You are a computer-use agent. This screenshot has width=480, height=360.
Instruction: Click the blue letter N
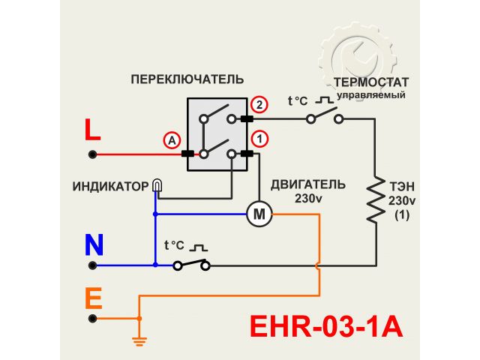click(94, 244)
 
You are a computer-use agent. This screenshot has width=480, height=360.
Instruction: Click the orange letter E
click(93, 299)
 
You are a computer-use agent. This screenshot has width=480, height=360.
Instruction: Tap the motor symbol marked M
click(259, 214)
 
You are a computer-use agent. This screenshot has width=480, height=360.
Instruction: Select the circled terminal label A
click(172, 140)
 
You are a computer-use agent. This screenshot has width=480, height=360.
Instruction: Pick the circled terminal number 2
click(259, 104)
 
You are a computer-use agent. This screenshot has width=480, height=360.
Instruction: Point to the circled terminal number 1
click(259, 138)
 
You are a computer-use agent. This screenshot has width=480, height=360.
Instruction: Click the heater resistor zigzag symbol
click(374, 199)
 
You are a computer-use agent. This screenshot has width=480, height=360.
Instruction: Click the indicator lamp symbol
click(156, 184)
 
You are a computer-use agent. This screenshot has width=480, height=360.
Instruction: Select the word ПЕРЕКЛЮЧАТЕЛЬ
click(187, 79)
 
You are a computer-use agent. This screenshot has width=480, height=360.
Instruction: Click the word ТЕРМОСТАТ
click(370, 82)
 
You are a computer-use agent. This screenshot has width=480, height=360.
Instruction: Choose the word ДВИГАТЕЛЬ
click(308, 184)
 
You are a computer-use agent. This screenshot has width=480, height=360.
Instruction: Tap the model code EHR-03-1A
click(325, 328)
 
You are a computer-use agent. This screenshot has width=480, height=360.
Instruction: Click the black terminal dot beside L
click(92, 154)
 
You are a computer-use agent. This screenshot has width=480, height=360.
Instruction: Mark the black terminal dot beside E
click(92, 318)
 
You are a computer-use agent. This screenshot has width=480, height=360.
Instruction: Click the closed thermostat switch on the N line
click(191, 264)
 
